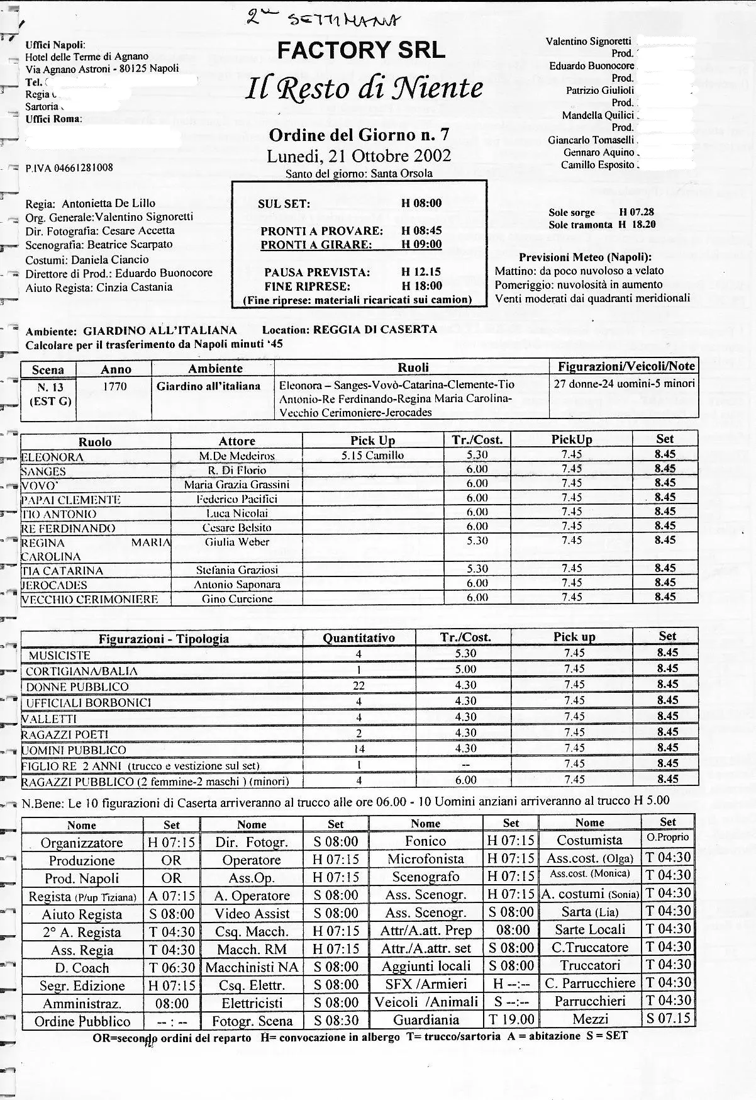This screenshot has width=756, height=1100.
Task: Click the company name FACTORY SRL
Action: (x=361, y=50)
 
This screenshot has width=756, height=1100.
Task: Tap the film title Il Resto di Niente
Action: (x=366, y=89)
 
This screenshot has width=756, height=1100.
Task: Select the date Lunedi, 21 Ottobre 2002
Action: (x=359, y=155)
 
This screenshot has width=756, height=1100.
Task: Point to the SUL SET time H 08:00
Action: (x=421, y=203)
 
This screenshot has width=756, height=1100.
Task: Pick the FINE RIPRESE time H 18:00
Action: (x=421, y=286)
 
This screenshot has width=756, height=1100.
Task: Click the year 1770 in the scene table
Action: (x=115, y=386)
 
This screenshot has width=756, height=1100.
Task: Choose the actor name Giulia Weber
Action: (x=236, y=542)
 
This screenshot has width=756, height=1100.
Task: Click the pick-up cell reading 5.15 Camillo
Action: (x=372, y=455)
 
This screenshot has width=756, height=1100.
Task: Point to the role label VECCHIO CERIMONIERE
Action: (x=89, y=599)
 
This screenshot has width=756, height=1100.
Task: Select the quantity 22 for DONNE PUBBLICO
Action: (x=359, y=686)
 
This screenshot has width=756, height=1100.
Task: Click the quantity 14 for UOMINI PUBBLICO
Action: (x=359, y=749)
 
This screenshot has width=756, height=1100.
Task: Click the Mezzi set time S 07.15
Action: (x=667, y=1018)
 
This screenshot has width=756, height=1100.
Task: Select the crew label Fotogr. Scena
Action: (x=252, y=1021)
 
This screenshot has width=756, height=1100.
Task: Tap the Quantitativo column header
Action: (x=359, y=637)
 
